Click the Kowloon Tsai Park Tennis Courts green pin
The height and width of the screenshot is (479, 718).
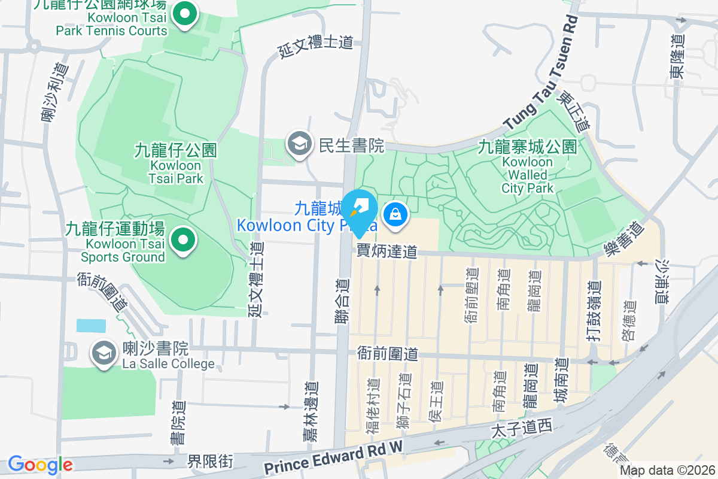coord(186,14)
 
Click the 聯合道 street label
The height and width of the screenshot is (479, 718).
coord(342,302)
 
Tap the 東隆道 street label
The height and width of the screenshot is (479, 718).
coord(677,57)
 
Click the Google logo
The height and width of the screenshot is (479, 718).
coord(40,465)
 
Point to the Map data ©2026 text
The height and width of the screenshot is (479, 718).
coord(667,471)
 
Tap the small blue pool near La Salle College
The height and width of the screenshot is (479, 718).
coord(91,326)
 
